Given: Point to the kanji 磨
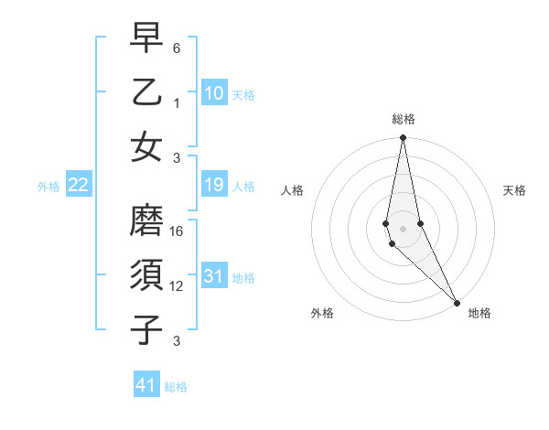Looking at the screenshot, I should pyautogui.click(x=146, y=221).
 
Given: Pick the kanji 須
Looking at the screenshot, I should pyautogui.click(x=146, y=275).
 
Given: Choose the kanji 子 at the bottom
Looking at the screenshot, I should pyautogui.click(x=146, y=329).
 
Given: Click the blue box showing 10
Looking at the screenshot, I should pyautogui.click(x=213, y=92).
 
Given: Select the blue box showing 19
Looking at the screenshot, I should pyautogui.click(x=213, y=186).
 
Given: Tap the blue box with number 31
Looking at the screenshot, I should pyautogui.click(x=213, y=276).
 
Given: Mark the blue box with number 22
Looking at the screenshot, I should pyautogui.click(x=79, y=186).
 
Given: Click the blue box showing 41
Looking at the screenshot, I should pyautogui.click(x=146, y=385).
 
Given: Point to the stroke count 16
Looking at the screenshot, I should pyautogui.click(x=178, y=232).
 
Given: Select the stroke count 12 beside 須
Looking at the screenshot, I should pyautogui.click(x=178, y=286).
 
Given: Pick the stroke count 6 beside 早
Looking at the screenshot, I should pyautogui.click(x=177, y=48).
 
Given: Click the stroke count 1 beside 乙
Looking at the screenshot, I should pyautogui.click(x=177, y=102).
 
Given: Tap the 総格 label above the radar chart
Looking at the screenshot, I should pyautogui.click(x=404, y=119).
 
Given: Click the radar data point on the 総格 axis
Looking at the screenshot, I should pyautogui.click(x=403, y=139).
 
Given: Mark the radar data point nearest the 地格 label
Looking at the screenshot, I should pyautogui.click(x=457, y=302).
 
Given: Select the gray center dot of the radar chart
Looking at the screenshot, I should pyautogui.click(x=403, y=228).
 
